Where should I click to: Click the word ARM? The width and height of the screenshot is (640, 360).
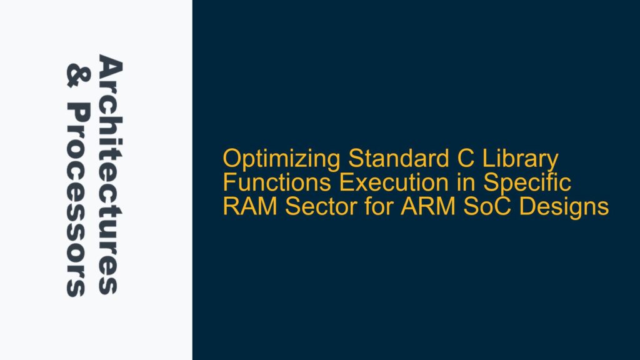click(391, 206)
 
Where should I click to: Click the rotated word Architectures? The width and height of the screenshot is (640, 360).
click(107, 175)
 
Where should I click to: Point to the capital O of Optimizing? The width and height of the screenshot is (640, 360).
click(232, 161)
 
